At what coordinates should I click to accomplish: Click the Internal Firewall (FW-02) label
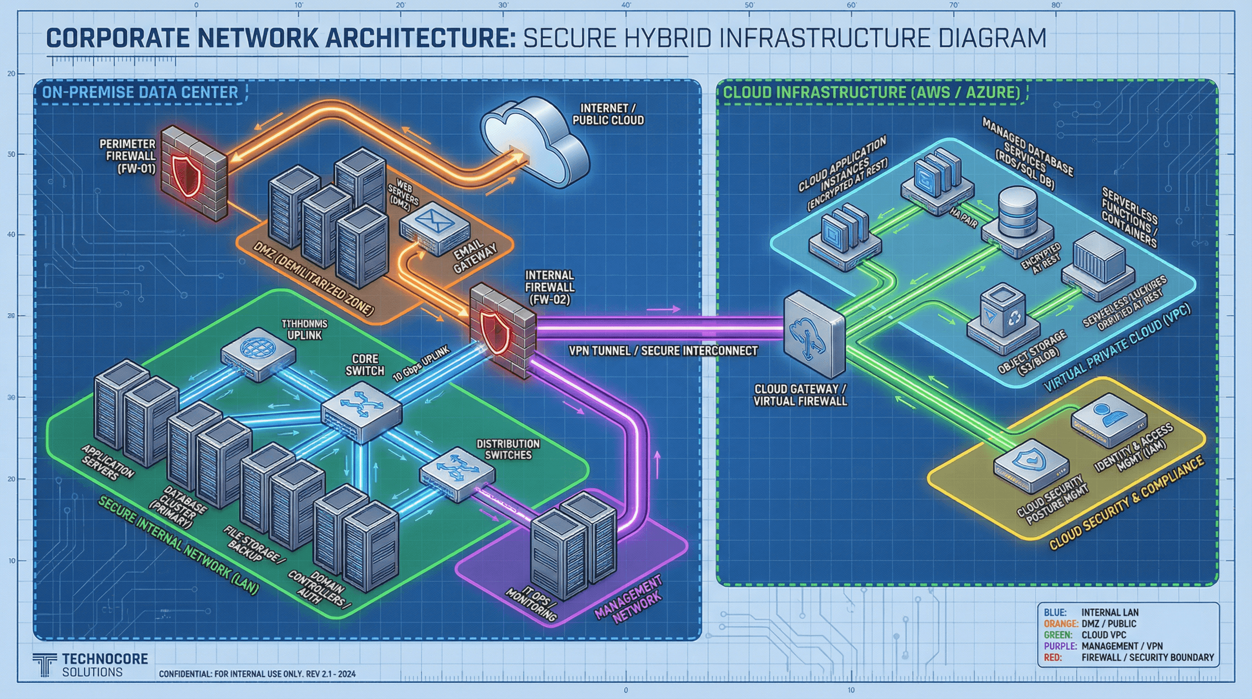549,287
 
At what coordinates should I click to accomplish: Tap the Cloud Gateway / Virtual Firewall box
814,334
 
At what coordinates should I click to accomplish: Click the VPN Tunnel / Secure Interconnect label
663,350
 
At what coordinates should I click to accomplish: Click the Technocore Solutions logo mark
45,664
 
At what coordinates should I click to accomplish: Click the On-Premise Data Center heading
140,92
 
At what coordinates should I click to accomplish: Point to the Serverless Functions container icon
1099,260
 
